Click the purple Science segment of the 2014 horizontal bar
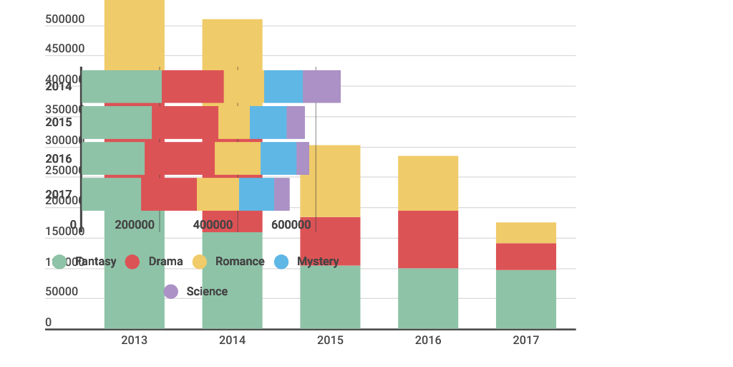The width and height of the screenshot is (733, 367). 321,86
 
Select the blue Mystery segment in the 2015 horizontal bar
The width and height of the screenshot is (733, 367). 268,122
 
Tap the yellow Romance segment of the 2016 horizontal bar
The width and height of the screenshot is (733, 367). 237,158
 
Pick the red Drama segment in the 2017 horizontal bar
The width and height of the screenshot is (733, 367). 169,194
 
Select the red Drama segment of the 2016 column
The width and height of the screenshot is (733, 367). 428,239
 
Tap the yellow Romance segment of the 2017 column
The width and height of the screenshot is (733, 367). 525,233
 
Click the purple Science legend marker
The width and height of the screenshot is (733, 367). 171,292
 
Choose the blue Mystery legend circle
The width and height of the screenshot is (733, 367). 282,262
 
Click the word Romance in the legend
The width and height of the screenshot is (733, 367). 240,262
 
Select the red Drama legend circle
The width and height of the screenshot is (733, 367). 132,262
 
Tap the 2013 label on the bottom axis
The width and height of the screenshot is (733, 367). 135,340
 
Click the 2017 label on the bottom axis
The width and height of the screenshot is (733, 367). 525,340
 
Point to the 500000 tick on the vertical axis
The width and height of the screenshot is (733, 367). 64,19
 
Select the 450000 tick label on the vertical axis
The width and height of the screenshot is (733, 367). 64,49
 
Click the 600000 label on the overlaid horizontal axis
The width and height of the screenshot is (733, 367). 291,225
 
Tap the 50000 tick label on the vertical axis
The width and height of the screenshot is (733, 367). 62,292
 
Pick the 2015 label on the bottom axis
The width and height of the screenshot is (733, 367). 330,340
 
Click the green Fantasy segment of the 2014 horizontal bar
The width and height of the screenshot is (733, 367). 122,86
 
